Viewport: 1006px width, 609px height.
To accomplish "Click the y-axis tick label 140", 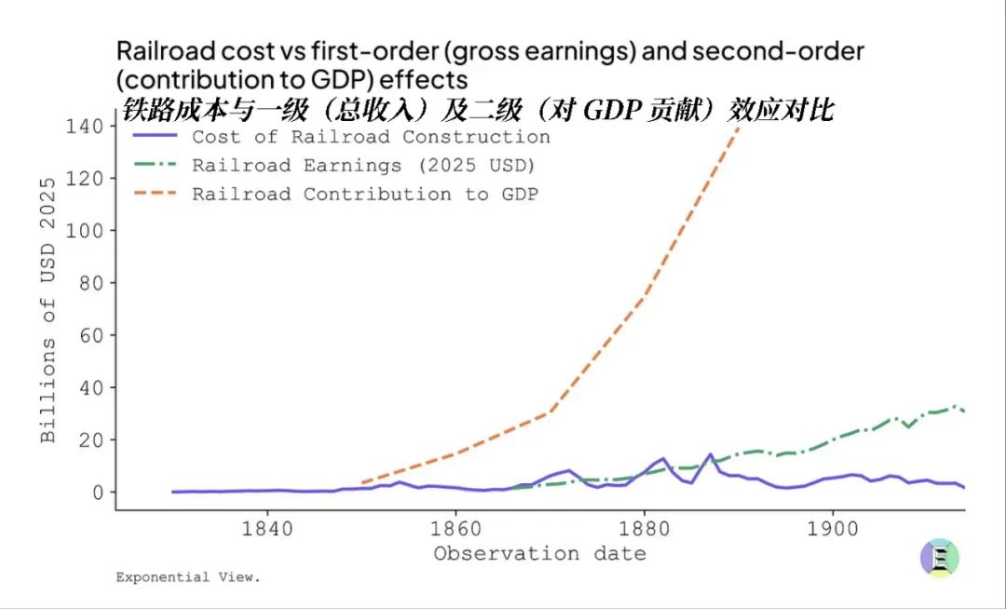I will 86,126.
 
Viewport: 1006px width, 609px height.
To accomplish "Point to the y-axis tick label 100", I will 86,230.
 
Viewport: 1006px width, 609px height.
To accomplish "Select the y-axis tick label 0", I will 97,492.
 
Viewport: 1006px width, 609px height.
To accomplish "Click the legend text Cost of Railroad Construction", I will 371,137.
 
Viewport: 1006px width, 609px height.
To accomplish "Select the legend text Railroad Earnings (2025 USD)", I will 363,166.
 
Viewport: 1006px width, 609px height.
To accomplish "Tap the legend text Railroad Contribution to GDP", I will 365,195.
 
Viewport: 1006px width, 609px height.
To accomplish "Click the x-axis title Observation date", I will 539,554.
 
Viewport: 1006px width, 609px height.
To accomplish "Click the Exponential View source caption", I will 188,577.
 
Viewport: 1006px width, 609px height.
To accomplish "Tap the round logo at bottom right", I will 939,558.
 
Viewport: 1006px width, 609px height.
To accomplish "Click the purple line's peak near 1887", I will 710,454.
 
